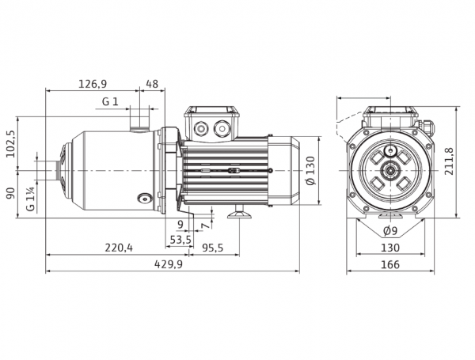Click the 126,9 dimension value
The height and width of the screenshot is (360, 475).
[93, 84]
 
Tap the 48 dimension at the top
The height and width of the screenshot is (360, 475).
[152, 84]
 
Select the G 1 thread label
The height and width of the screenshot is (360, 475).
[110, 102]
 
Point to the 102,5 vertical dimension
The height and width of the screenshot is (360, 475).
[10, 144]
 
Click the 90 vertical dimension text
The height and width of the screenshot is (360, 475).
[10, 193]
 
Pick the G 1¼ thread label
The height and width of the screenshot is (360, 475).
[31, 199]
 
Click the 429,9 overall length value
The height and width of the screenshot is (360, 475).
[169, 264]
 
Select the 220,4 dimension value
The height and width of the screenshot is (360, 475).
[119, 248]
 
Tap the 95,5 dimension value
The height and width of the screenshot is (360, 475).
[213, 248]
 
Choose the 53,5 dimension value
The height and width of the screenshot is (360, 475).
[180, 240]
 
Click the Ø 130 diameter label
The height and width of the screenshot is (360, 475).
[311, 170]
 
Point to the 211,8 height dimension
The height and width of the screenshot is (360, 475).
[449, 161]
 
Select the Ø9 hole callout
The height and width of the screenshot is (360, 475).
[389, 231]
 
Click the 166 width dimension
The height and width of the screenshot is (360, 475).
[390, 264]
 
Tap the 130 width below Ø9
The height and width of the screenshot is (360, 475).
[390, 248]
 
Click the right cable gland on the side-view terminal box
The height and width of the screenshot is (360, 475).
[222, 128]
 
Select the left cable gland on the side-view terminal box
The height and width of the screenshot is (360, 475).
[200, 129]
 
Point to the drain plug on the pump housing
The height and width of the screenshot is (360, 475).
[145, 199]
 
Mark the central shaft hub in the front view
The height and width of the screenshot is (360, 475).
[390, 171]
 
